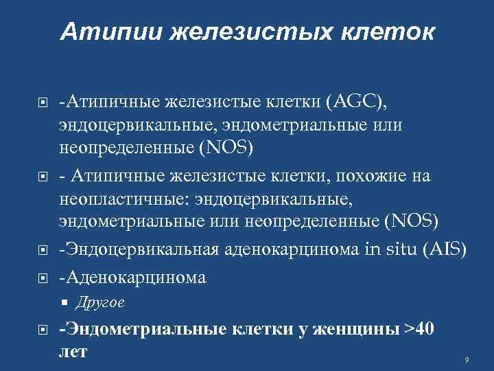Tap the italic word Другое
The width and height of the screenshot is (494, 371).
coord(99,302)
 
